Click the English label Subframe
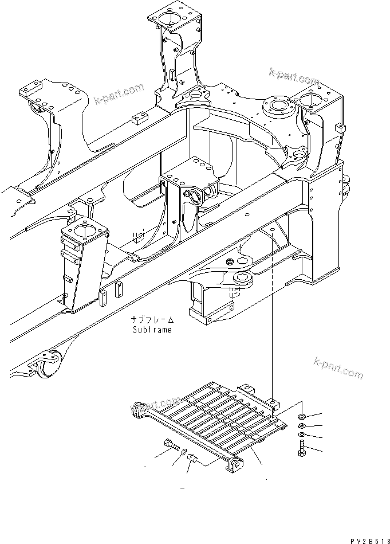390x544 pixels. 151,330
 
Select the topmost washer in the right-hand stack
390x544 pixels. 301,416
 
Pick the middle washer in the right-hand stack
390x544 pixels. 301,426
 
